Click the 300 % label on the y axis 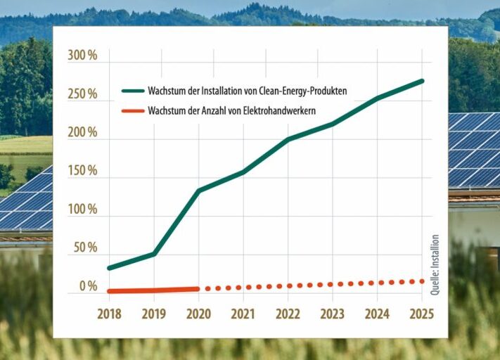coord(82,56)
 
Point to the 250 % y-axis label coord(82,94)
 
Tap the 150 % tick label coord(82,171)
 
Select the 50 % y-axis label coord(85,247)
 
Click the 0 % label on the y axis coord(89,286)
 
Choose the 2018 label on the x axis coord(110,314)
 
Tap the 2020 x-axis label coord(198,314)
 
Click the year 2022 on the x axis coord(288,314)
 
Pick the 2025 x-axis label coord(422,314)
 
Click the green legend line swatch coord(133,91)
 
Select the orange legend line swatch coord(133,111)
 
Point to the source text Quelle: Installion coord(435,264)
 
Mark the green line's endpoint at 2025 coord(422,81)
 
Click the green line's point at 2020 coord(198,191)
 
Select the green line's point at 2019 coord(154,254)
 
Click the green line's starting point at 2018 coord(110,268)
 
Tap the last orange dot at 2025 coord(422,281)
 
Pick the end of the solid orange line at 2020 coord(198,289)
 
